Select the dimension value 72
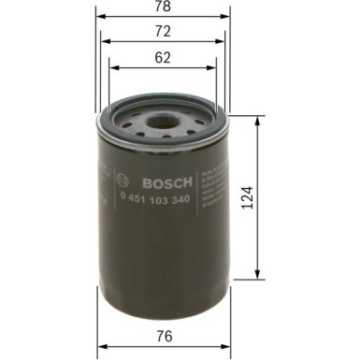[163, 32]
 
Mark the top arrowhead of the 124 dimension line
[258, 119]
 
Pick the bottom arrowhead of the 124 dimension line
[258, 278]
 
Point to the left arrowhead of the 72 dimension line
[104, 42]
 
